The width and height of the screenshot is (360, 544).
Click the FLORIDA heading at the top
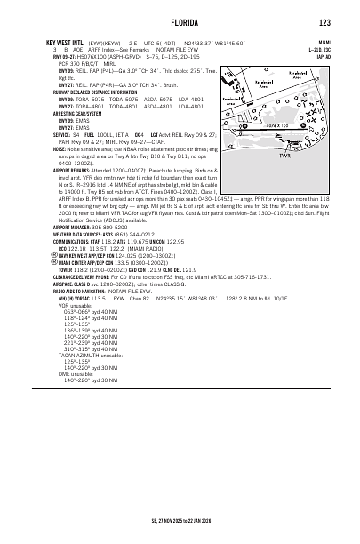(179, 21)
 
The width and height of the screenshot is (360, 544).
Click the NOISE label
(36, 150)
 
